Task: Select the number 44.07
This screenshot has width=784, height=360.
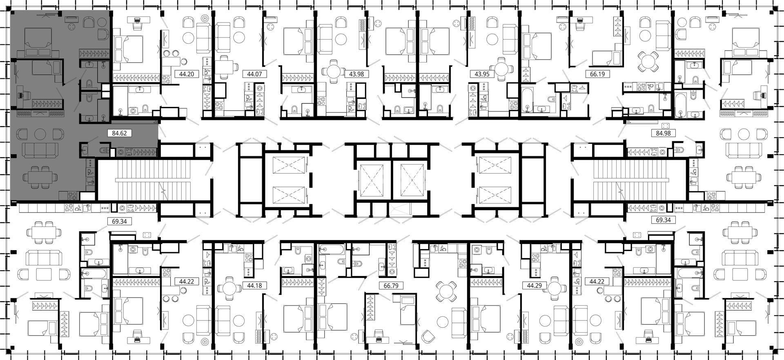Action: [254, 74]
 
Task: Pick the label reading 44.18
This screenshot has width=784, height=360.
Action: [255, 285]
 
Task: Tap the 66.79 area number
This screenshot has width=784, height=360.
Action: [391, 285]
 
